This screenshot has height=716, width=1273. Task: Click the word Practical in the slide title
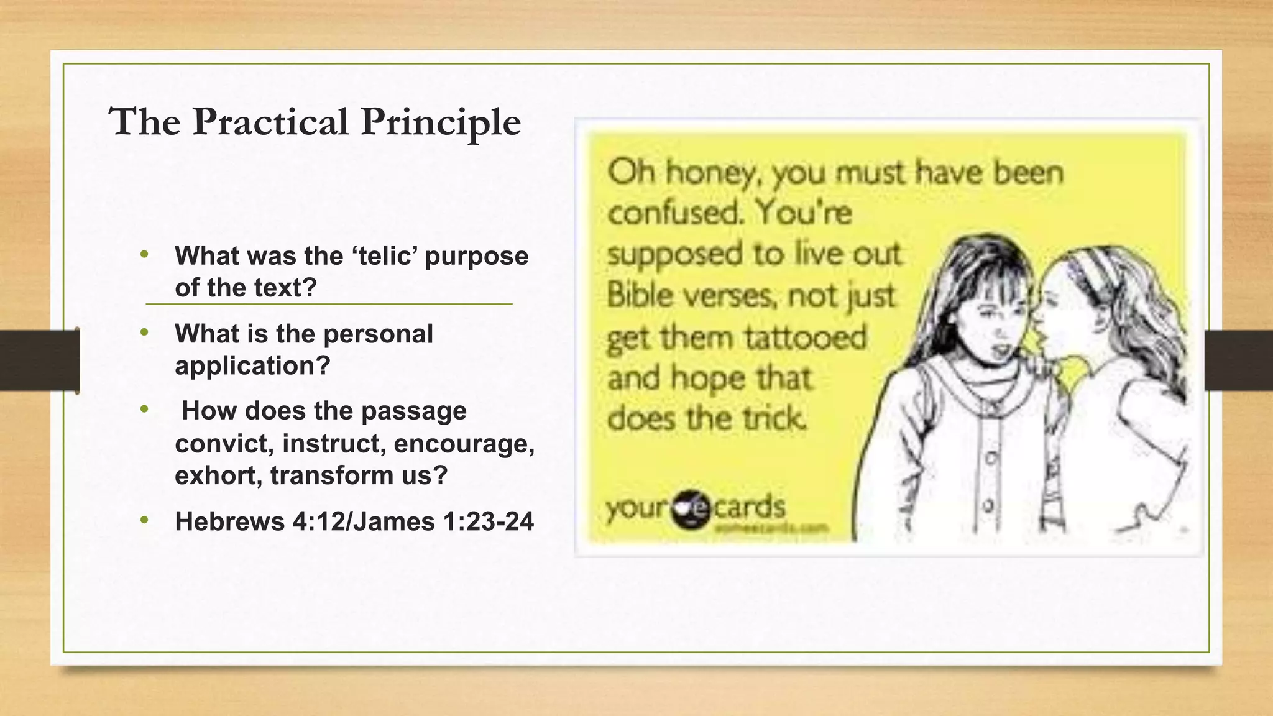(270, 122)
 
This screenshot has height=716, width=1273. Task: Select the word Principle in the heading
(441, 123)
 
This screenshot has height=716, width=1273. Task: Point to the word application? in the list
(252, 366)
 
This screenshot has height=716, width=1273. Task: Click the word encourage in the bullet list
(464, 444)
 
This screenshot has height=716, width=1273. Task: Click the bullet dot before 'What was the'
(145, 254)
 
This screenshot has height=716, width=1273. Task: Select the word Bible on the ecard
(640, 295)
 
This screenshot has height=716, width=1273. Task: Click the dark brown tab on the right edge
(1238, 360)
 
